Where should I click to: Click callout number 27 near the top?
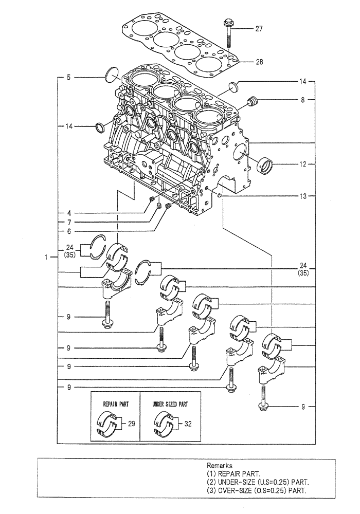pos(259,29)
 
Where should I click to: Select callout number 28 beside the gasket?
pos(259,62)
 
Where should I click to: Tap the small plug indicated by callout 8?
pos(252,102)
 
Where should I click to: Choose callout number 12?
pos(304,164)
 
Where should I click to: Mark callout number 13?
pos(304,196)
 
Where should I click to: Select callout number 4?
pos(68,212)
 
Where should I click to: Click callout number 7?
pos(68,222)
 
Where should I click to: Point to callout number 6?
pos(68,232)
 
